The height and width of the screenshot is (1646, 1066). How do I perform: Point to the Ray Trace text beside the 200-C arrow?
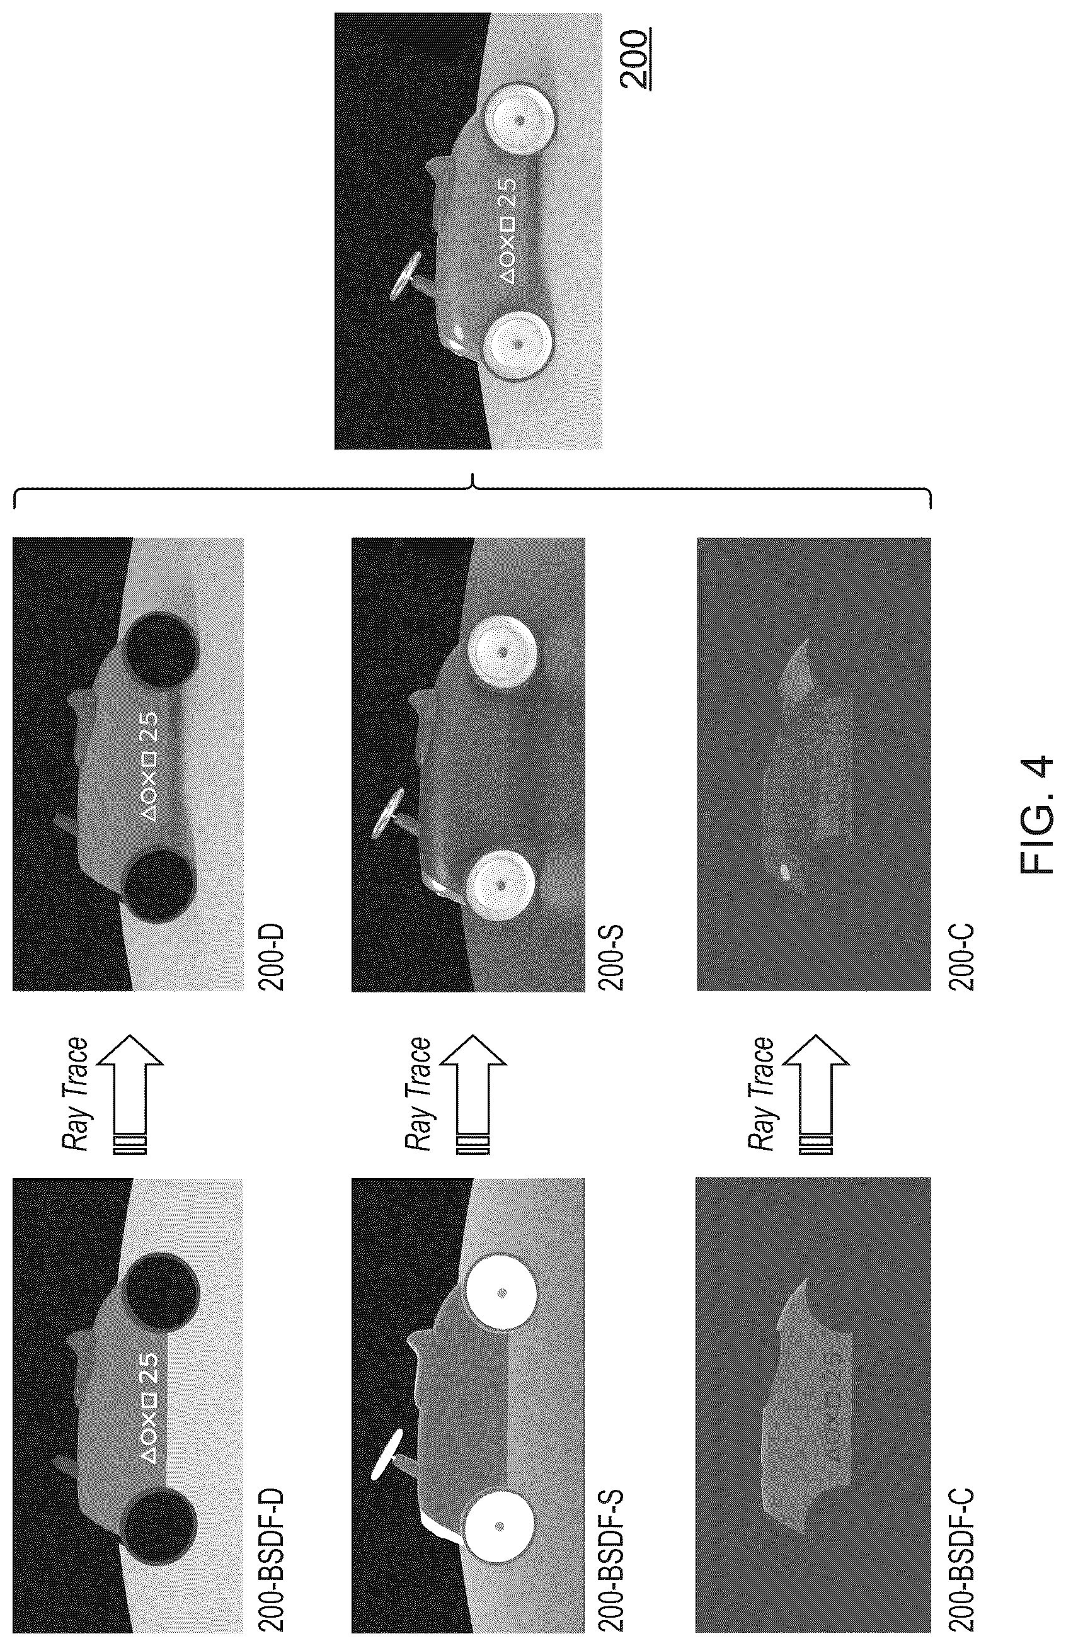(761, 1094)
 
